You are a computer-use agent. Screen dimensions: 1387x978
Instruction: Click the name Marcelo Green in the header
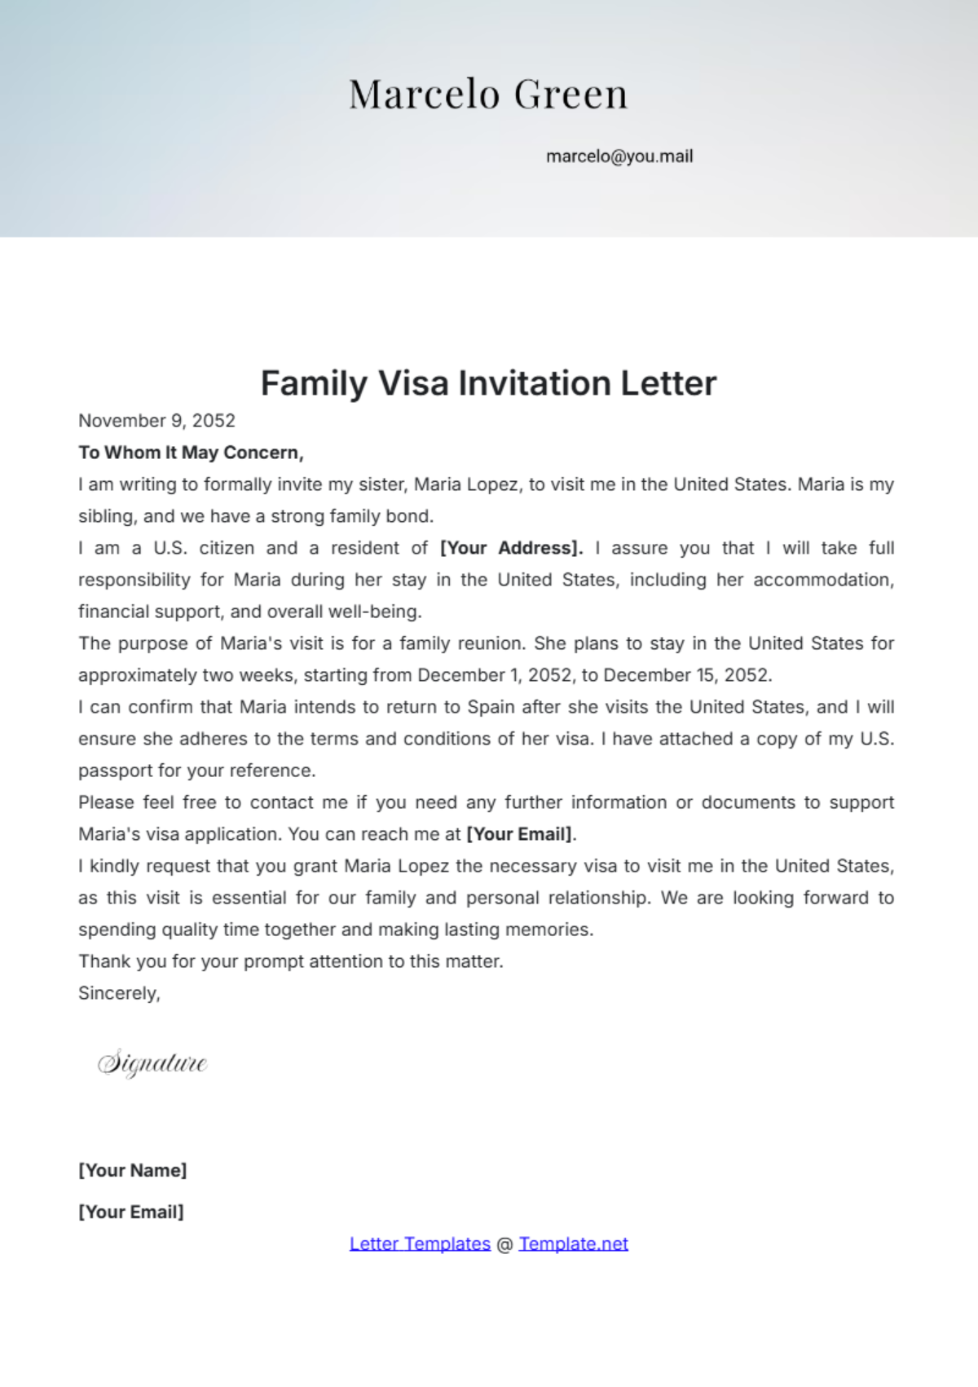488,95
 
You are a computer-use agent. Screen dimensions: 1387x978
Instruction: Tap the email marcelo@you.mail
619,157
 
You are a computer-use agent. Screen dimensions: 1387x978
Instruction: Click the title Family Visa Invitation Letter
488,383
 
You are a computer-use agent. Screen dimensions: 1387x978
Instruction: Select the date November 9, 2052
156,421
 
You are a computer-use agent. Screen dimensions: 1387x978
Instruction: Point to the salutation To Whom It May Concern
191,453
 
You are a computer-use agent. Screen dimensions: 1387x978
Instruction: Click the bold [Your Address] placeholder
511,548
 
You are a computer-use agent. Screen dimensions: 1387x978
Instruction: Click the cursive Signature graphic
152,1063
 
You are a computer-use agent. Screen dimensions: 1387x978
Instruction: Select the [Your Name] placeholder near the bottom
132,1170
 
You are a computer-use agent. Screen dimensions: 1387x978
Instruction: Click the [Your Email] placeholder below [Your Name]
130,1212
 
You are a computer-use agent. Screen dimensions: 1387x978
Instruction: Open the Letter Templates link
420,1243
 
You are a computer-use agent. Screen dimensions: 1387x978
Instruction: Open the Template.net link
573,1243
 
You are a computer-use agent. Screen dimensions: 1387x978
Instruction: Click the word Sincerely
118,993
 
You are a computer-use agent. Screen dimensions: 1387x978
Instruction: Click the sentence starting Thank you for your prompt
290,961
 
